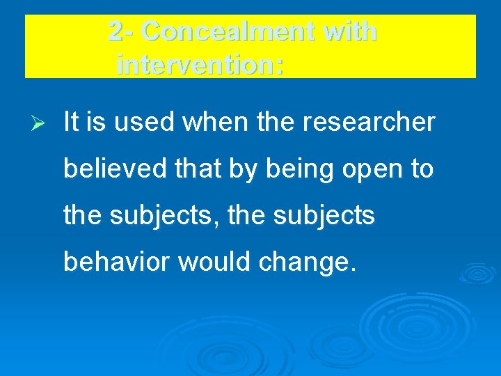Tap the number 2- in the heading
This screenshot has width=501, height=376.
pyautogui.click(x=123, y=31)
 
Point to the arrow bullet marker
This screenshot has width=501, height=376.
pyautogui.click(x=40, y=123)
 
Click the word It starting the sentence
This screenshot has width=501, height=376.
pyautogui.click(x=70, y=123)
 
